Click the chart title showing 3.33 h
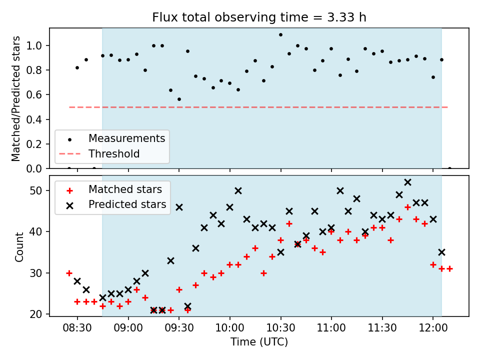click(x=259, y=17)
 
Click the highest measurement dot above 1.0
click(x=280, y=35)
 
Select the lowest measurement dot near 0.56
click(x=179, y=99)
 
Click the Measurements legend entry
click(x=112, y=138)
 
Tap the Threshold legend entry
click(x=99, y=153)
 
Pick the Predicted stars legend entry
click(x=116, y=204)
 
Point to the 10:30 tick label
click(x=280, y=328)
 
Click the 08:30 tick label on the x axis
click(x=77, y=328)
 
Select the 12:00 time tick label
click(x=433, y=328)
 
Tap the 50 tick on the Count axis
click(x=36, y=190)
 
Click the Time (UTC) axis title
click(x=259, y=341)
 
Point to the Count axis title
click(x=19, y=247)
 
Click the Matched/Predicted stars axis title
click(x=15, y=98)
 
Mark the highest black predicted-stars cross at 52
click(x=407, y=182)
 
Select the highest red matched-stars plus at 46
click(x=407, y=207)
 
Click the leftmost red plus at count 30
click(x=69, y=273)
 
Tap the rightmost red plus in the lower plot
click(x=449, y=269)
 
